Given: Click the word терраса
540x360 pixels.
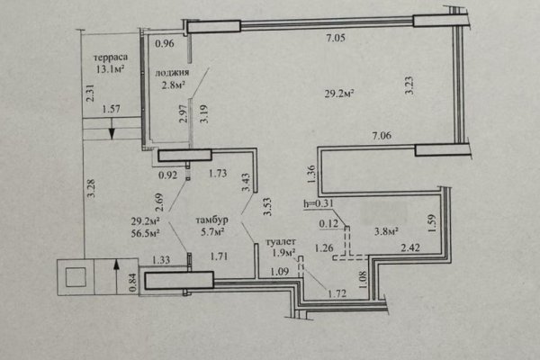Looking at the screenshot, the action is coord(110,58).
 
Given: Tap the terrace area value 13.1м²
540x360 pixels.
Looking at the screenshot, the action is coord(110,69).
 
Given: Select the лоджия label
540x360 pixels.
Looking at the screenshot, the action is coord(172,73).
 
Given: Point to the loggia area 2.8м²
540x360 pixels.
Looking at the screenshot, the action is coord(174,85).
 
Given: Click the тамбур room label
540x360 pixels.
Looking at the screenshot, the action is coord(211,220).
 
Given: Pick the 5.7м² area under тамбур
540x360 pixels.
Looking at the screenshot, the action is coord(212,231).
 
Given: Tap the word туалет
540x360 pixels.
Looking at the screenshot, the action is coord(281,242).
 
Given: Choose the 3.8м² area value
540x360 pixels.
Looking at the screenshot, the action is coord(386,231).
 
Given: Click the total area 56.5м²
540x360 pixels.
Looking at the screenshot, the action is coord(145,233).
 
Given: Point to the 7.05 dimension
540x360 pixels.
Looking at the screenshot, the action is coord(336,38).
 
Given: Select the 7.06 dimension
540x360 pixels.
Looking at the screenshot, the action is coord(382,135).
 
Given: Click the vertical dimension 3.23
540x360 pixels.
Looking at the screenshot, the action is coord(409,85).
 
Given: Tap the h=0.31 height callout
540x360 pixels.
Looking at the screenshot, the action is coord(319,203).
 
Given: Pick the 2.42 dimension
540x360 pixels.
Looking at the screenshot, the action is coord(410,247).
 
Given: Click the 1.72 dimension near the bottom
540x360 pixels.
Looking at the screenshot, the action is coord(337,293).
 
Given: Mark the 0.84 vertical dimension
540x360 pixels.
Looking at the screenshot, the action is coord(132,282).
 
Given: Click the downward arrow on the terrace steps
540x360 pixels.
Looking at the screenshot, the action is coord(112,129).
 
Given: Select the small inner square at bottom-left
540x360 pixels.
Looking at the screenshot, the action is coord(76,277).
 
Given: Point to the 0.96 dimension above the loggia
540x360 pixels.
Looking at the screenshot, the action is coord(165,43).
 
